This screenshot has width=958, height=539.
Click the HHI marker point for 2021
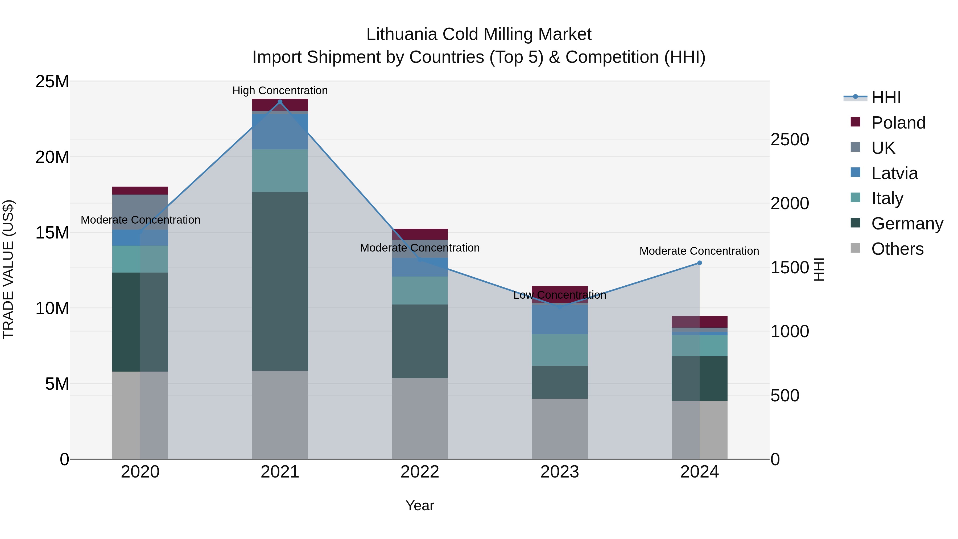tap(280, 102)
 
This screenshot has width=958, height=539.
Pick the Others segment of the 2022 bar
tap(420, 418)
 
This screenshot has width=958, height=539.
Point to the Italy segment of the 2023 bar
tap(560, 350)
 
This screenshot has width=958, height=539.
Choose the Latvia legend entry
tap(894, 173)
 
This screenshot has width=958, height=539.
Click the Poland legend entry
tap(898, 123)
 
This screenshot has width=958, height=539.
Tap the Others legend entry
tap(897, 249)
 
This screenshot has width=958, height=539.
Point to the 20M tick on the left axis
tap(52, 157)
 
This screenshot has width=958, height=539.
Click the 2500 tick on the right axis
tap(789, 139)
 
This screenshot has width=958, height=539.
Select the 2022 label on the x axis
tap(420, 472)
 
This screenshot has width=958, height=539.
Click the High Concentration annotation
tap(280, 90)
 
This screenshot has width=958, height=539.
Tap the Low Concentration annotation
tap(560, 295)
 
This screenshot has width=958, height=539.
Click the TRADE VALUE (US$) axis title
tap(8, 269)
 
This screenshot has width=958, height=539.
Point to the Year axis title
tap(420, 505)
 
